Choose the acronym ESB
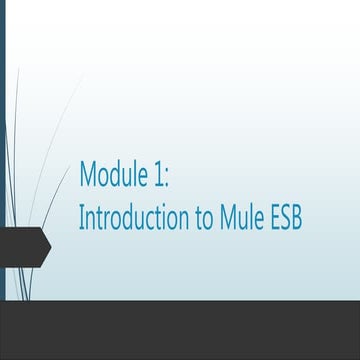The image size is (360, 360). click(288, 218)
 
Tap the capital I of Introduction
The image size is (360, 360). click(81, 218)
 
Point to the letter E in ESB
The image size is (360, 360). click(276, 218)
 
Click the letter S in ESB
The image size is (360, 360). click(288, 218)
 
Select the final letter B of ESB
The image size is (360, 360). click(300, 218)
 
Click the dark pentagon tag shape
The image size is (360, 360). click(22, 245)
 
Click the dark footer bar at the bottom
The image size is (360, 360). click(180, 330)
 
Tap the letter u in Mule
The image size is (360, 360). click(242, 220)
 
